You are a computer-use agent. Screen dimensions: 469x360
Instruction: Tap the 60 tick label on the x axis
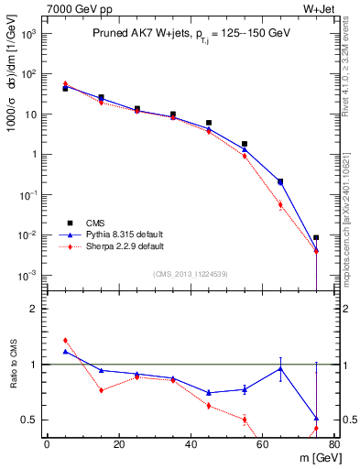pos(263,444)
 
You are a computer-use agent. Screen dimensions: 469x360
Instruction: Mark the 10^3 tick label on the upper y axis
pos(27,34)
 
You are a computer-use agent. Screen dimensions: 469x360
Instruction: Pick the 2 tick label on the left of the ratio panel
pos(35,309)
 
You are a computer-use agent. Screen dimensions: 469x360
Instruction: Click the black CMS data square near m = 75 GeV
pos(316,238)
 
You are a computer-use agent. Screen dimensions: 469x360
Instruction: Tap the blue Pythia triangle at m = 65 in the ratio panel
pos(280,368)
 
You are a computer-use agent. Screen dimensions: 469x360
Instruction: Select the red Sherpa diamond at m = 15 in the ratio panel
pos(101,390)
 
